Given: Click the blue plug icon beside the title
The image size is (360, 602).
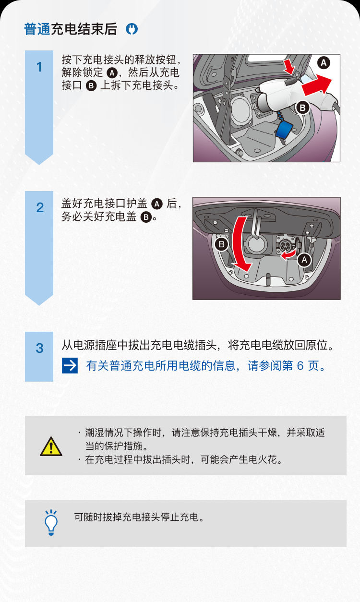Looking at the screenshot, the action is [132, 29].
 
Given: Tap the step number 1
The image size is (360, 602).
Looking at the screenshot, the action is [39, 67].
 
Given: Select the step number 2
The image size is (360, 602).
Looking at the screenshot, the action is [40, 207].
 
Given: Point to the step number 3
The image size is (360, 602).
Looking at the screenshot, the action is [39, 348].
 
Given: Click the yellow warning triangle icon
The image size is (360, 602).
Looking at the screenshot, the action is [51, 446].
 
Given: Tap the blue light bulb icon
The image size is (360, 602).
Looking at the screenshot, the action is [51, 523].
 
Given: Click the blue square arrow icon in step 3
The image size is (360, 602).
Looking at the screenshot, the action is [70, 365].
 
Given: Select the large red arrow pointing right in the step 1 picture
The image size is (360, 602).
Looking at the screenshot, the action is [316, 85].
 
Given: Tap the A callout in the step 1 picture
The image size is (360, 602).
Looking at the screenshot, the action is [324, 63].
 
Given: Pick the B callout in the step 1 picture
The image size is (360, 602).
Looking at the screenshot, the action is [303, 108].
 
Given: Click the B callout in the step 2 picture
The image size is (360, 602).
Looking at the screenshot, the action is [221, 244].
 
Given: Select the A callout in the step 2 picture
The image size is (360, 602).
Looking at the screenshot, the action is [304, 260].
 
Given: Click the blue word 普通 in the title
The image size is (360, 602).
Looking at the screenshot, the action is [37, 29].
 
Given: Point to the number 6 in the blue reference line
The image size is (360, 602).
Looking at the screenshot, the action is [300, 366].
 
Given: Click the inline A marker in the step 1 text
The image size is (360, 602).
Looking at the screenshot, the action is [112, 73].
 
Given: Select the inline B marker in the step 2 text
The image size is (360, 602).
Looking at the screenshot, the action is [146, 217].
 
